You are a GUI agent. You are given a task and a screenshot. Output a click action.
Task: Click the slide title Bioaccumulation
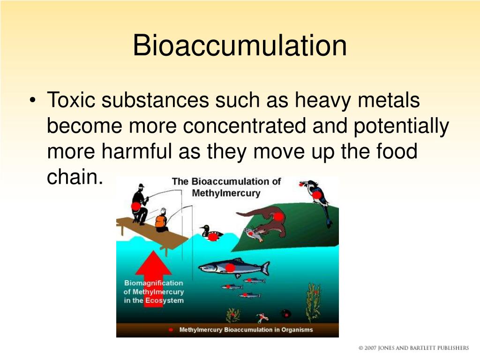tap(240, 46)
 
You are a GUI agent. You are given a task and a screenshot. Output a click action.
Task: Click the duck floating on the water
tap(210, 233)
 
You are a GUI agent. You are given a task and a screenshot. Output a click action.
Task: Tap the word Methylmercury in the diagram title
tap(226, 193)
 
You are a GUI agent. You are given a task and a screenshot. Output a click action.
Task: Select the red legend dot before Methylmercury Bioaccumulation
tap(171, 330)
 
